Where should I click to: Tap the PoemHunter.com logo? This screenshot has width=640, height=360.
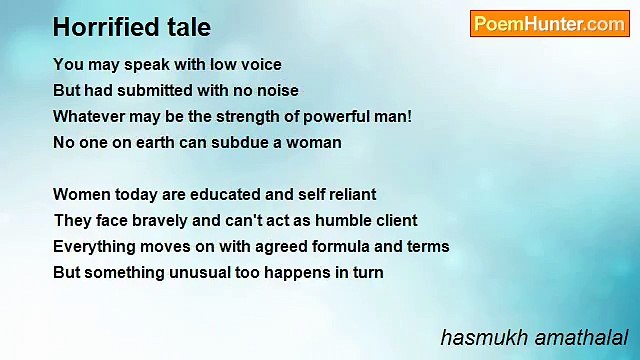click(549, 24)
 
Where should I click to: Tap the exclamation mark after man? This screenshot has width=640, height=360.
click(409, 116)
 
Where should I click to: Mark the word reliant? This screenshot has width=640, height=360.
click(349, 194)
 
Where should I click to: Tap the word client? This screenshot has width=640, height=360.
click(393, 220)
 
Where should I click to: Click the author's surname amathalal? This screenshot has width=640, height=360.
click(580, 337)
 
